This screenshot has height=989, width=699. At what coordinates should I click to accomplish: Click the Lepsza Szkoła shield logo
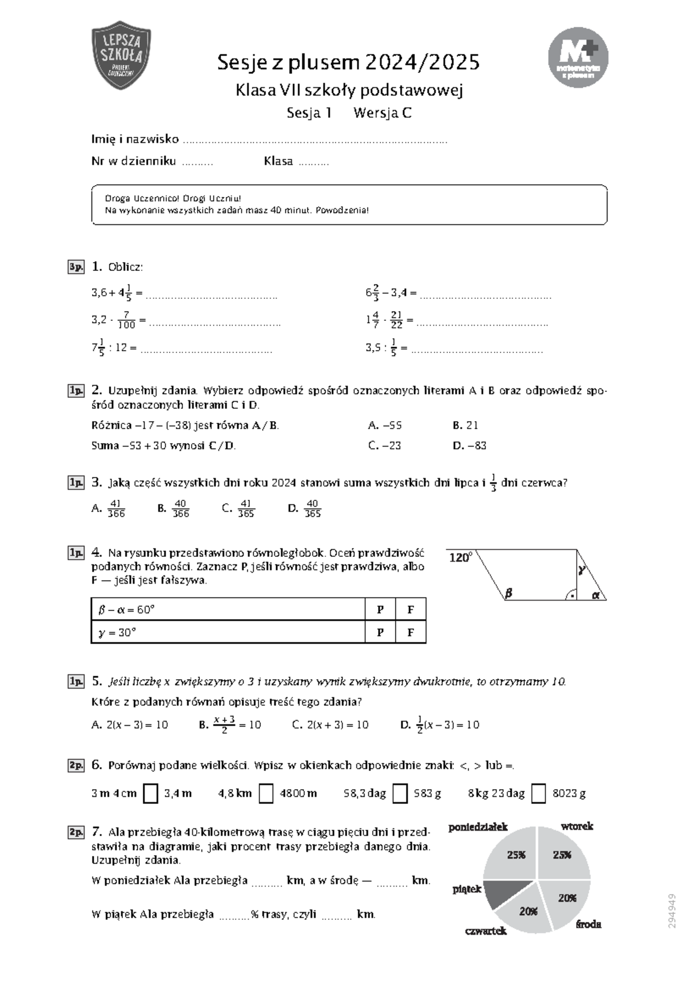click(x=121, y=55)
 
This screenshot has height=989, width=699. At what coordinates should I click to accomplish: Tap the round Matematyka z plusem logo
click(x=578, y=57)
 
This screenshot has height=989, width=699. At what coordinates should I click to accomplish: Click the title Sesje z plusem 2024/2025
click(x=348, y=62)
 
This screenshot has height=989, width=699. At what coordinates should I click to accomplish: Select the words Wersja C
click(x=382, y=113)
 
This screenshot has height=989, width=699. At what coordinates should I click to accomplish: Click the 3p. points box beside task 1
click(x=76, y=267)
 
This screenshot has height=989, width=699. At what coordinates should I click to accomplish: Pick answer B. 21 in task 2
click(x=465, y=425)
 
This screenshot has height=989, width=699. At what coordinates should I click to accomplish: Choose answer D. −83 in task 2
click(x=469, y=446)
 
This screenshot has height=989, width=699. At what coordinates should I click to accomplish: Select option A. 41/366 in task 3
click(x=109, y=508)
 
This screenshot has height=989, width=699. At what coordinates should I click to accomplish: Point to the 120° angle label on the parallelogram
click(x=460, y=558)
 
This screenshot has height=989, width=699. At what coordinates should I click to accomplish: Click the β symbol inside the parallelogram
click(x=508, y=594)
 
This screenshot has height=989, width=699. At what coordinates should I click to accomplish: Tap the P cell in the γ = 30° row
click(x=380, y=632)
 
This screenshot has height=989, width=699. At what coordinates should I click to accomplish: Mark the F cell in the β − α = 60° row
click(x=411, y=610)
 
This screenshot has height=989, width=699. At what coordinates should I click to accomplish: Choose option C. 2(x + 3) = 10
click(x=330, y=725)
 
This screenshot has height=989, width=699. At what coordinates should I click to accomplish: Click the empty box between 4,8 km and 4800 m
click(x=266, y=793)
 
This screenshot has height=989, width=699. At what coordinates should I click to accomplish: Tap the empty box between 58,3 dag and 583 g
click(x=400, y=793)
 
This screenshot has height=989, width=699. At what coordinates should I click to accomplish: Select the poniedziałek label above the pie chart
click(x=478, y=827)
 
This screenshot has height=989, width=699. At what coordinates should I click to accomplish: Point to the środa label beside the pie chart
click(x=588, y=924)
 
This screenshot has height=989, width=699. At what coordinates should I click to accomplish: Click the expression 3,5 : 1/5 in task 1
click(x=381, y=348)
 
